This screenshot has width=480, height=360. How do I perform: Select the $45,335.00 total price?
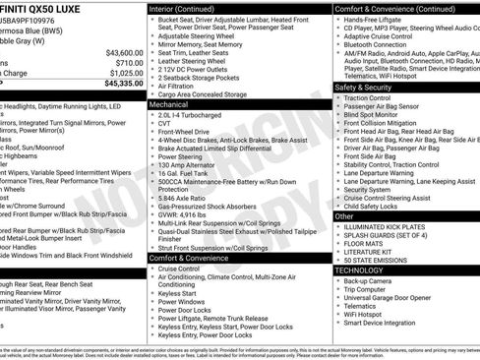[x=121, y=83]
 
